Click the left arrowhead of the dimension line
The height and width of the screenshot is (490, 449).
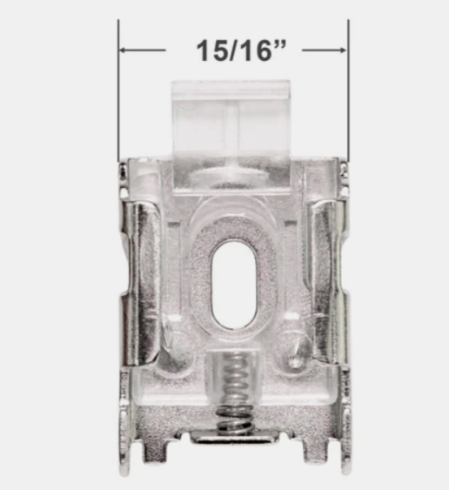(125, 50)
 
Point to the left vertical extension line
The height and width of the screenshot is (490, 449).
(118, 96)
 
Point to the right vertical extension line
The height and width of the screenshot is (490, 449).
(347, 96)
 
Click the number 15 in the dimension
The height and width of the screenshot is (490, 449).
(206, 50)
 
